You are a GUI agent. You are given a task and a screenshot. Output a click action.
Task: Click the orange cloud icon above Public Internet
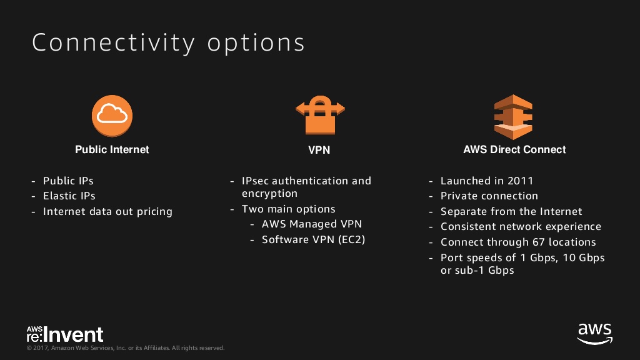click(112, 116)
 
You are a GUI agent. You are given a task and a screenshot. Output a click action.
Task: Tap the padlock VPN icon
click(320, 115)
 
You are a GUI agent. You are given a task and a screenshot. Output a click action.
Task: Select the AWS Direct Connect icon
click(513, 117)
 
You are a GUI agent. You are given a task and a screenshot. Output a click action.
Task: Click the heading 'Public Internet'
click(112, 150)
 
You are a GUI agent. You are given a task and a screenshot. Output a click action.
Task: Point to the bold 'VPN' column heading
click(319, 150)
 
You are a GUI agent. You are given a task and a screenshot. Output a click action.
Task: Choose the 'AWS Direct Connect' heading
click(514, 150)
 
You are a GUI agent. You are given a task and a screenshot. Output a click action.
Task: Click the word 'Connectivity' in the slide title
click(114, 43)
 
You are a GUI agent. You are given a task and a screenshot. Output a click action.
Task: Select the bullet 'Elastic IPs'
click(69, 196)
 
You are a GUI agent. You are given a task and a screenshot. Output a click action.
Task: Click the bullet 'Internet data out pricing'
click(107, 211)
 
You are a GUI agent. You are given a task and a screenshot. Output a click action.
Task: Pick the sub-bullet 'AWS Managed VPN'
click(312, 224)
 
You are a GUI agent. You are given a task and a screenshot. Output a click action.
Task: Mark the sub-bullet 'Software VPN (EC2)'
click(314, 239)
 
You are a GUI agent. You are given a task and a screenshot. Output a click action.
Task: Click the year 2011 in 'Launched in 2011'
click(520, 181)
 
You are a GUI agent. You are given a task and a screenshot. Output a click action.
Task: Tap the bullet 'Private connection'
click(489, 196)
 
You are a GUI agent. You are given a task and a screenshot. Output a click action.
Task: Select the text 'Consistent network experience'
click(521, 226)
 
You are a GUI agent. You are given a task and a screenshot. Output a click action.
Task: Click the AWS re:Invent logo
click(65, 334)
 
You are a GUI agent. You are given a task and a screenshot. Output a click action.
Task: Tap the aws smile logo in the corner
click(595, 334)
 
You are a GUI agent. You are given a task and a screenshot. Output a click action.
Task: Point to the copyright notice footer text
click(125, 348)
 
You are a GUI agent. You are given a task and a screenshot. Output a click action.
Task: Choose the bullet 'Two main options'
click(288, 209)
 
